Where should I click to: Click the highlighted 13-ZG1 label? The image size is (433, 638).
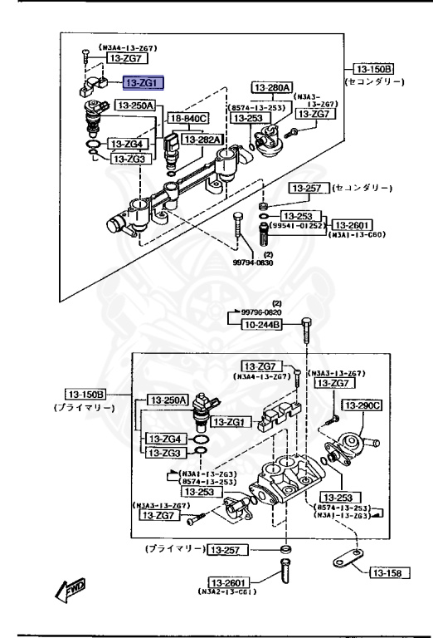pyautogui.click(x=144, y=82)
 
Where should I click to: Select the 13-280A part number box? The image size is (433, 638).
pyautogui.click(x=272, y=86)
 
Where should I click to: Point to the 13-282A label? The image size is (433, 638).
pyautogui.click(x=202, y=140)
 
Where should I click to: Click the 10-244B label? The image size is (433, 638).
pyautogui.click(x=261, y=325)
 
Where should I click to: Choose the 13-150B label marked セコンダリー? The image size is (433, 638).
pyautogui.click(x=373, y=68)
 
